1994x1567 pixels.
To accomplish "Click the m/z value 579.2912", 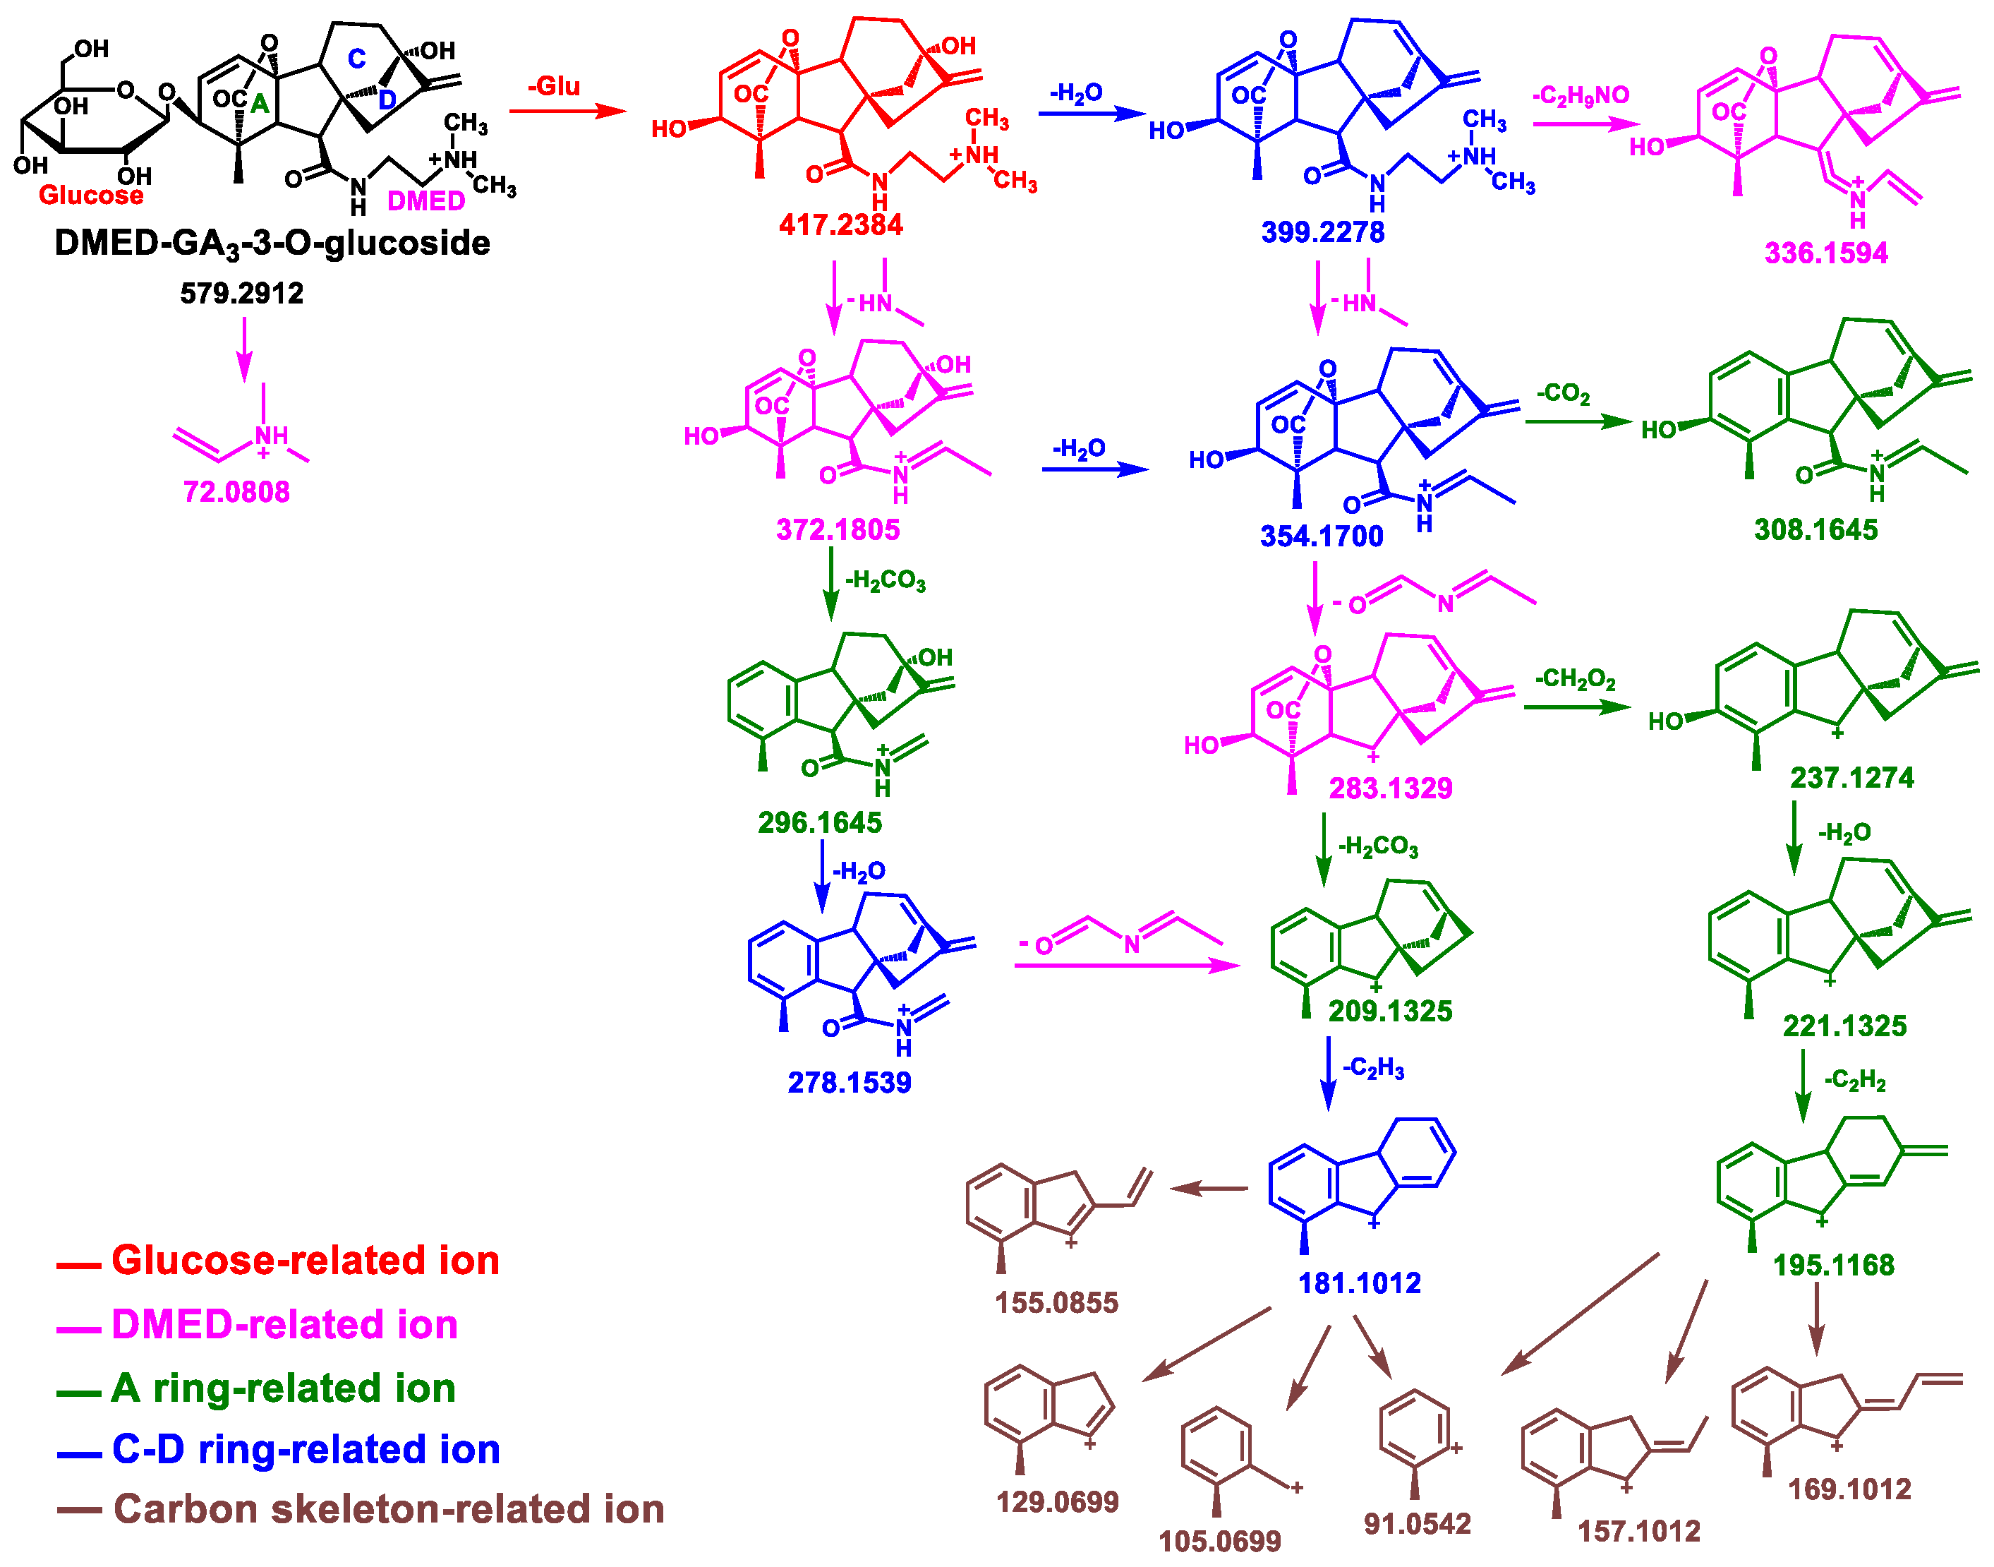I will [x=241, y=294].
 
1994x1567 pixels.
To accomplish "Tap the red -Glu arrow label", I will [x=554, y=87].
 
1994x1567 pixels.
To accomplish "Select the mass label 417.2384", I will [x=840, y=224].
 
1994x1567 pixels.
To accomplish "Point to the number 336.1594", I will [x=1825, y=253].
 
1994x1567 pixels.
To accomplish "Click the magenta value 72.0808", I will [x=236, y=493].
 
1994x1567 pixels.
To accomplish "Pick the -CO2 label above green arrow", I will [x=1563, y=395].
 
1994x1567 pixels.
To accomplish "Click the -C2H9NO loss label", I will [x=1581, y=95].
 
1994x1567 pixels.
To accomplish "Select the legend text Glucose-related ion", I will [x=305, y=1261].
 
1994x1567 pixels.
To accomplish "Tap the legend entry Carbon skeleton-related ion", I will [x=388, y=1510].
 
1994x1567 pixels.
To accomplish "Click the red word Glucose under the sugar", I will [x=91, y=196].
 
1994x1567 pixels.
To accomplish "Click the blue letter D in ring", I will [x=387, y=99].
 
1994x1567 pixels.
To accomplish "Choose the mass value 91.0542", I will [x=1417, y=1524].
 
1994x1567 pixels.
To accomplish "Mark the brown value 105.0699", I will [x=1219, y=1542].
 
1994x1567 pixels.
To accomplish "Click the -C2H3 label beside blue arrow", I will [x=1372, y=1069].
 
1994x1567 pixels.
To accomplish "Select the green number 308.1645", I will [x=1815, y=530].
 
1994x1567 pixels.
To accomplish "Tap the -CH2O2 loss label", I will [x=1575, y=680].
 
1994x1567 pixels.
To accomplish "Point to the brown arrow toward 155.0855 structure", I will [x=1208, y=1189].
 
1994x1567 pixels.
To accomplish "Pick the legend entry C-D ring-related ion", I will [x=306, y=1451].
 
